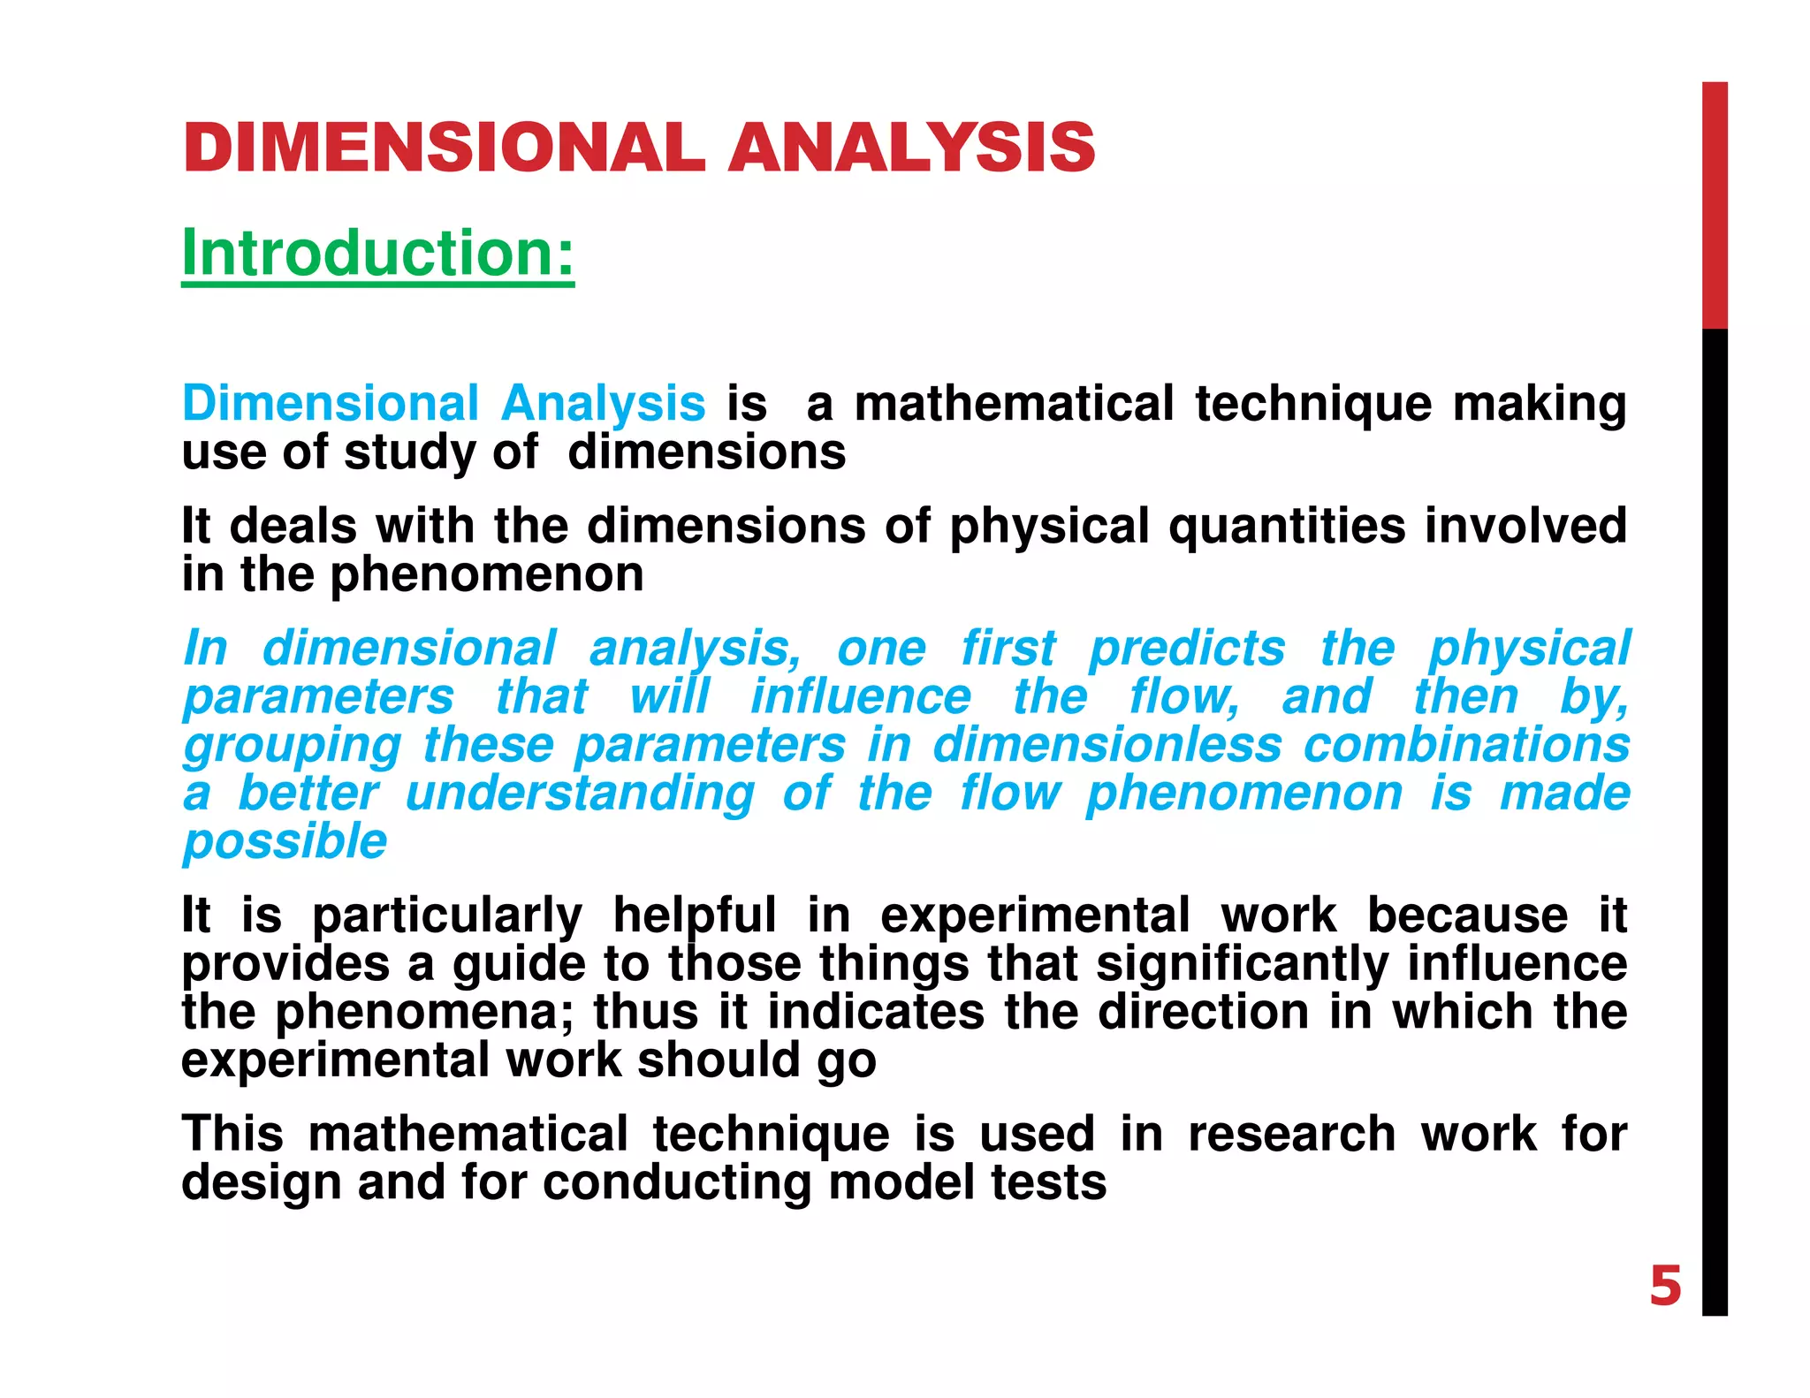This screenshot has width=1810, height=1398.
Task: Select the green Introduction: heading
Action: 377,254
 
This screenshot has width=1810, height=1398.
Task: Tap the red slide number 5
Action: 1665,1286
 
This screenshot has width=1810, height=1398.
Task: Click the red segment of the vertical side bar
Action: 1715,205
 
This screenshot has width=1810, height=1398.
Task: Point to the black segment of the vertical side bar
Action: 1715,822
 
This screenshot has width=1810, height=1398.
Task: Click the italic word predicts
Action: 1187,649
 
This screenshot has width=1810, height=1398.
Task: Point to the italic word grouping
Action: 292,746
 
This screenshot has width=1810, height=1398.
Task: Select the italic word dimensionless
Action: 1107,744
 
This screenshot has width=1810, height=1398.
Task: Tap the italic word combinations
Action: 1466,744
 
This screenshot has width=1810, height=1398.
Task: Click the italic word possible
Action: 285,841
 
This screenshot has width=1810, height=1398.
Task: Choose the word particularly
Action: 447,916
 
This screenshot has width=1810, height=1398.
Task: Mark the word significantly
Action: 1241,964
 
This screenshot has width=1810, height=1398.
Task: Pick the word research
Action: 1291,1134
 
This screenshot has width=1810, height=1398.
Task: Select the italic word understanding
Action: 580,793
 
